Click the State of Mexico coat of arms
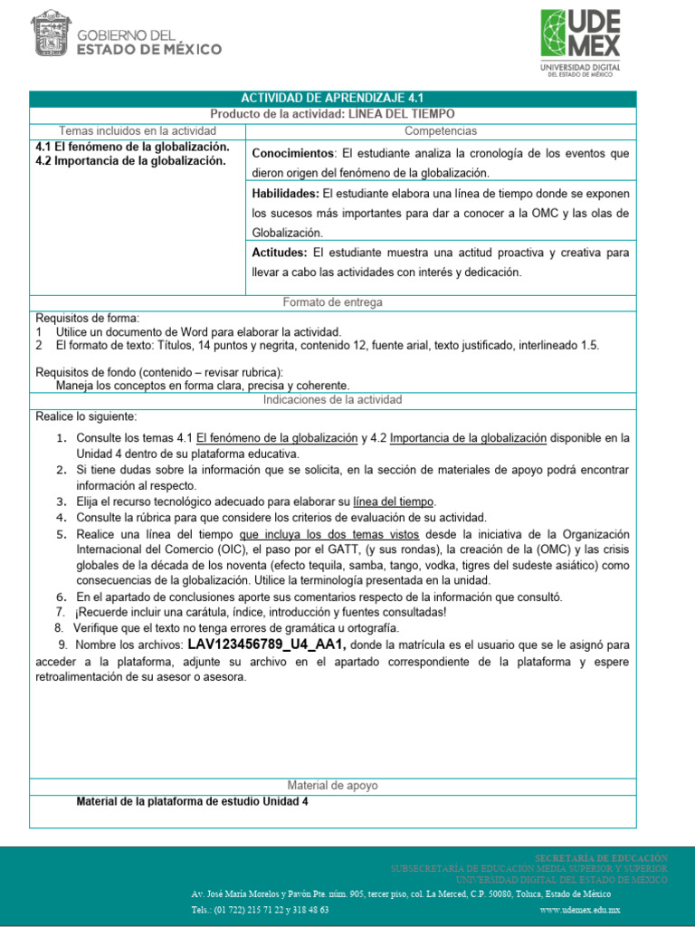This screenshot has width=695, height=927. pyautogui.click(x=55, y=36)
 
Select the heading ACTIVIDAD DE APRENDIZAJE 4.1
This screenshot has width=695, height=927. pyautogui.click(x=332, y=99)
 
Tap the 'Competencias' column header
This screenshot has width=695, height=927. pyautogui.click(x=441, y=131)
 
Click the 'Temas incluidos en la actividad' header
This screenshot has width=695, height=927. pyautogui.click(x=138, y=131)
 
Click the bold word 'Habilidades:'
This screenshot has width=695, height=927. pyautogui.click(x=285, y=194)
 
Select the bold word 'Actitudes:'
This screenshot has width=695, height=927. pyautogui.click(x=280, y=253)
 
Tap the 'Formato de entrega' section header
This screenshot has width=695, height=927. pyautogui.click(x=332, y=302)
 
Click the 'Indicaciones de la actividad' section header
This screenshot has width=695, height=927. pyautogui.click(x=332, y=399)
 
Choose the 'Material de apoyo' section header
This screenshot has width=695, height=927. pyautogui.click(x=332, y=786)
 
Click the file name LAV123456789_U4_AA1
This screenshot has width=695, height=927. pyautogui.click(x=267, y=645)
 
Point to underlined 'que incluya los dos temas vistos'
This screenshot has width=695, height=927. pyautogui.click(x=329, y=534)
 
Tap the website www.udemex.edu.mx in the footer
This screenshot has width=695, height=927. pyautogui.click(x=579, y=910)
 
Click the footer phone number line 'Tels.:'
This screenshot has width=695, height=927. pyautogui.click(x=260, y=910)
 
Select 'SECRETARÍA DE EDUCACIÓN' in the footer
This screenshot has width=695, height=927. pyautogui.click(x=601, y=857)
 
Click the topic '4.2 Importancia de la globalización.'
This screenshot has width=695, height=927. pyautogui.click(x=129, y=161)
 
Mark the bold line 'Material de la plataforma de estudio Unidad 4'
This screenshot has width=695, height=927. pyautogui.click(x=192, y=801)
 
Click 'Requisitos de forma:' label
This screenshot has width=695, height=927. pyautogui.click(x=87, y=319)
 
